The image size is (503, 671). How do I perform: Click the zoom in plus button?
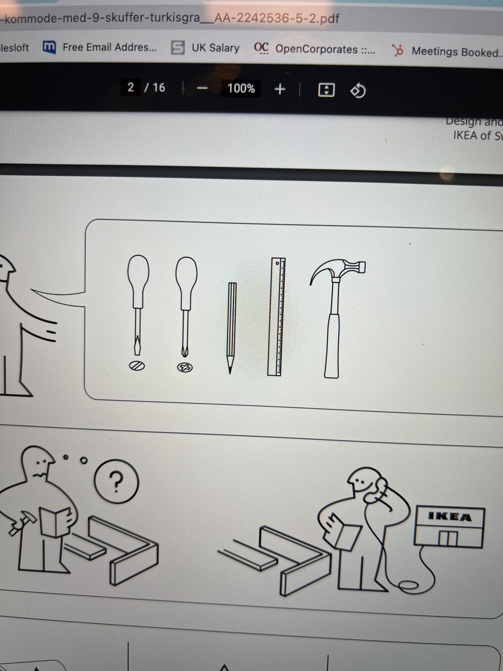(280, 89)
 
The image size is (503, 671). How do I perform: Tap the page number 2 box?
(131, 87)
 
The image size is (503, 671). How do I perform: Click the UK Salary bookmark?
(215, 48)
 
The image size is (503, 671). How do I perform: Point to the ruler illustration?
(276, 317)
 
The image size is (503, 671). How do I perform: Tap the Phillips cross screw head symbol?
(185, 368)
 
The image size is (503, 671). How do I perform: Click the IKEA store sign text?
(450, 516)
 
